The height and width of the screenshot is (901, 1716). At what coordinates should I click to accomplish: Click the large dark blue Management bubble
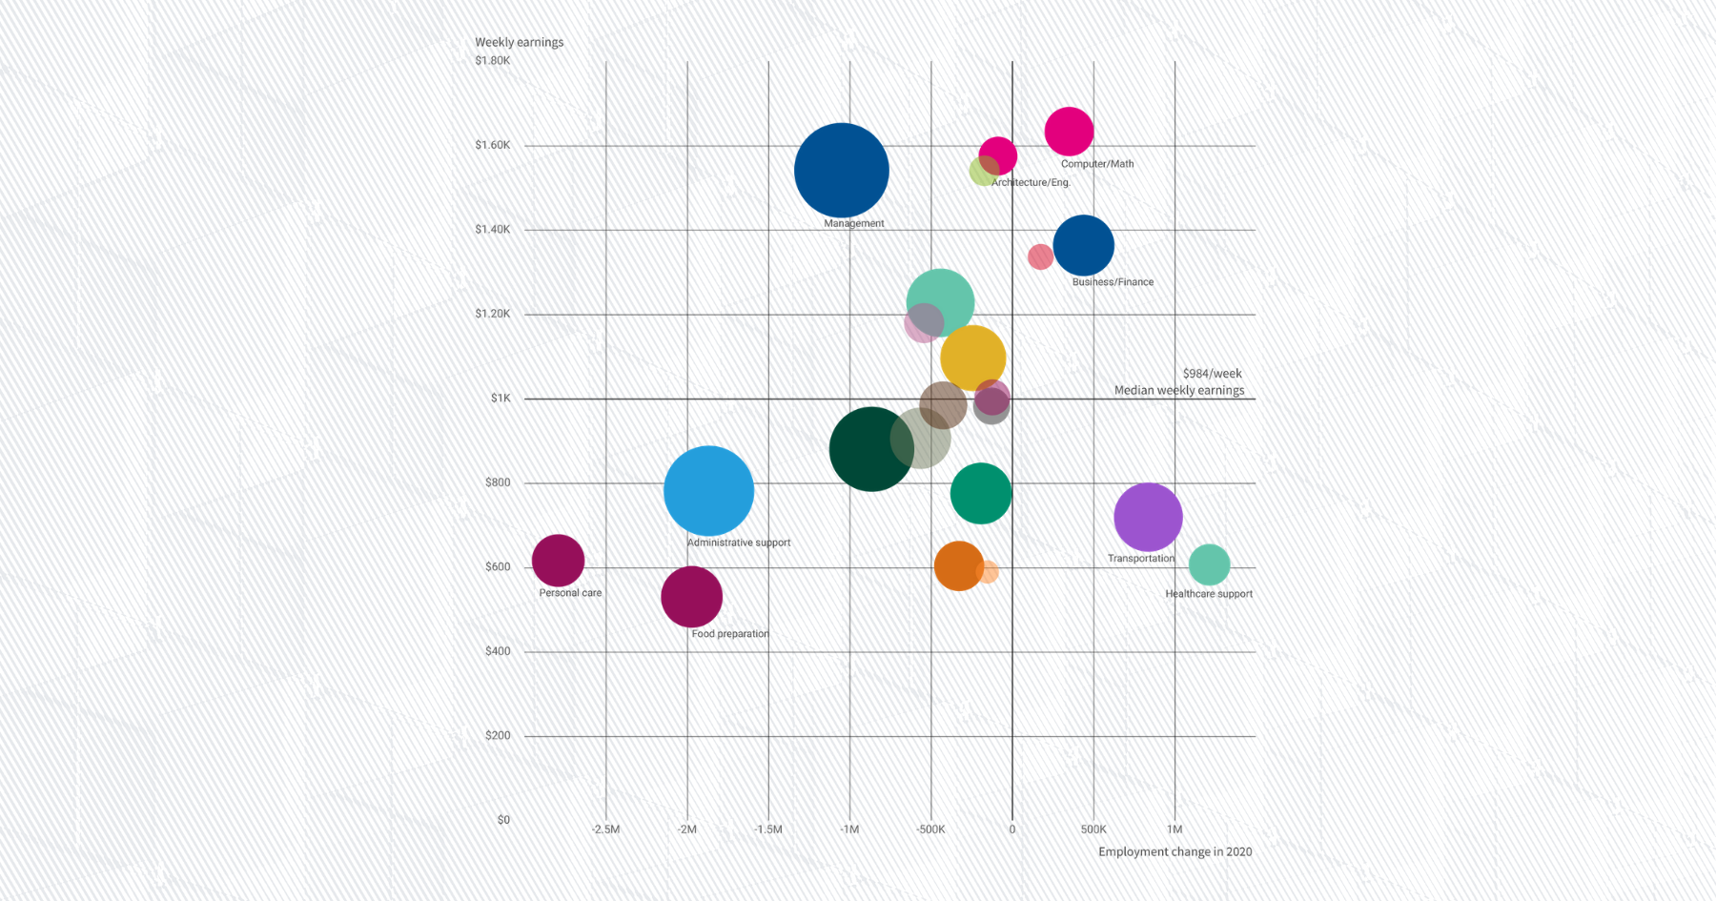pos(841,171)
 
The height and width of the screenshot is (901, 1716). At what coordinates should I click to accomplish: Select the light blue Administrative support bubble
pos(708,491)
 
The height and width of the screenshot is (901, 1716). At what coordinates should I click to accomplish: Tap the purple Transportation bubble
pos(1148,518)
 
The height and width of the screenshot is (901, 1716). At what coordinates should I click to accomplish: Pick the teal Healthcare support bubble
pos(1209,564)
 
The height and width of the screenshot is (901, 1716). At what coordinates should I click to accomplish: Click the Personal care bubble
pos(558,561)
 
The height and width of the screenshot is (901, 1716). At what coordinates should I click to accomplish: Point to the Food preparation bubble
pos(691,597)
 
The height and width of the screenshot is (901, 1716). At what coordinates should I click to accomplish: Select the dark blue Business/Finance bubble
pos(1083,246)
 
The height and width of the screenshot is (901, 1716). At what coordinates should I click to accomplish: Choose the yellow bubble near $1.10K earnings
pos(972,358)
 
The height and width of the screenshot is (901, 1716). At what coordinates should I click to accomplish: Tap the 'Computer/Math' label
pos(1097,164)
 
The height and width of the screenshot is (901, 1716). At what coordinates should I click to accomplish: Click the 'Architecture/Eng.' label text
pos(1031,182)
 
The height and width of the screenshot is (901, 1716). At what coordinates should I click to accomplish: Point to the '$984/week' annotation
pos(1212,374)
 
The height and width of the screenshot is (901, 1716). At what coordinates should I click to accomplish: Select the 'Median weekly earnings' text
pos(1179,390)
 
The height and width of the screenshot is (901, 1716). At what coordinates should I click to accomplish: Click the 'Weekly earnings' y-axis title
pos(519,42)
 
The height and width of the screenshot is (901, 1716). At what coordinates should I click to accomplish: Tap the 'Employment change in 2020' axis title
pos(1175,851)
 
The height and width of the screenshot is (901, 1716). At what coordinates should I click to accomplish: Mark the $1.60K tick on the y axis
pos(493,145)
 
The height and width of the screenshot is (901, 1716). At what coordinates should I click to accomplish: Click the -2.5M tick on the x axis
pos(605,829)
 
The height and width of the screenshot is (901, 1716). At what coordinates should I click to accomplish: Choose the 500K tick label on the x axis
pos(1093,829)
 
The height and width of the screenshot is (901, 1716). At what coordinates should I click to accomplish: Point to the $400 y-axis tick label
pos(498,651)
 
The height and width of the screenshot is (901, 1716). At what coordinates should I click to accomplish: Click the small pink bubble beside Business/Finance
pos(1040,256)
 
